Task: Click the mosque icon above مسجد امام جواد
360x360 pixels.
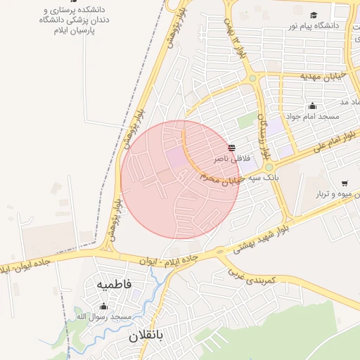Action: tap(312, 106)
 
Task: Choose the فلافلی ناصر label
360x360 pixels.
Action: tap(231, 159)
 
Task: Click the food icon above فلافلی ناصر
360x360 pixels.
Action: tap(231, 148)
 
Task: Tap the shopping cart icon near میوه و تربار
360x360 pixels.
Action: tap(345, 184)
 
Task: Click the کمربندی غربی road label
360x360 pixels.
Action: tap(258, 275)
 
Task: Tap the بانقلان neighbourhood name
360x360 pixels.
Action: tap(146, 336)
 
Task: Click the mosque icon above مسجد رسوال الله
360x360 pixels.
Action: tap(104, 306)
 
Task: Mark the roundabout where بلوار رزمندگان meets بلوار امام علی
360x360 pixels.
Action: tap(269, 167)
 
